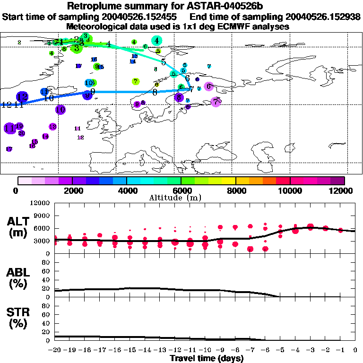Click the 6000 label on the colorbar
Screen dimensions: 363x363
point(181,190)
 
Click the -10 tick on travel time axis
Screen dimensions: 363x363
point(205,350)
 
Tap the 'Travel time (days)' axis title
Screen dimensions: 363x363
point(207,358)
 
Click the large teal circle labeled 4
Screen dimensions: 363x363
point(156,41)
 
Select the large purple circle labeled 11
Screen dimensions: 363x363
point(9,128)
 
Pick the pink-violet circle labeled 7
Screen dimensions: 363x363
point(216,102)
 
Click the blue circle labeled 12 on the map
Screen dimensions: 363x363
point(22,96)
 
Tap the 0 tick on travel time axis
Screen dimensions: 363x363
point(355,350)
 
